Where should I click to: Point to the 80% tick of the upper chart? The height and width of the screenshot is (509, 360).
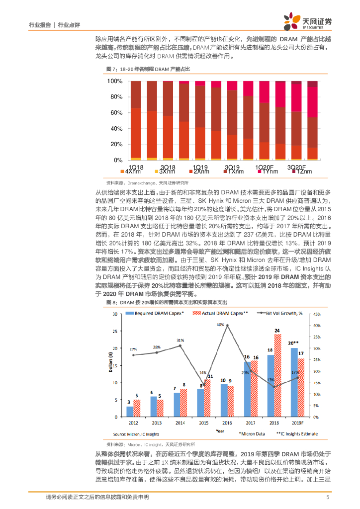point(115,97)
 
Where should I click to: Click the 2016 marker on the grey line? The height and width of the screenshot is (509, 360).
point(227,326)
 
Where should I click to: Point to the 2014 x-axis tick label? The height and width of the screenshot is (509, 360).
point(180,423)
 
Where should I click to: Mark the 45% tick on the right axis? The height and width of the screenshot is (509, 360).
point(323,314)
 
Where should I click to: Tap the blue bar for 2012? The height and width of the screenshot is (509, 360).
point(129,412)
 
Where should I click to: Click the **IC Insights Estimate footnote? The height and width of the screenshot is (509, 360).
point(296,433)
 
